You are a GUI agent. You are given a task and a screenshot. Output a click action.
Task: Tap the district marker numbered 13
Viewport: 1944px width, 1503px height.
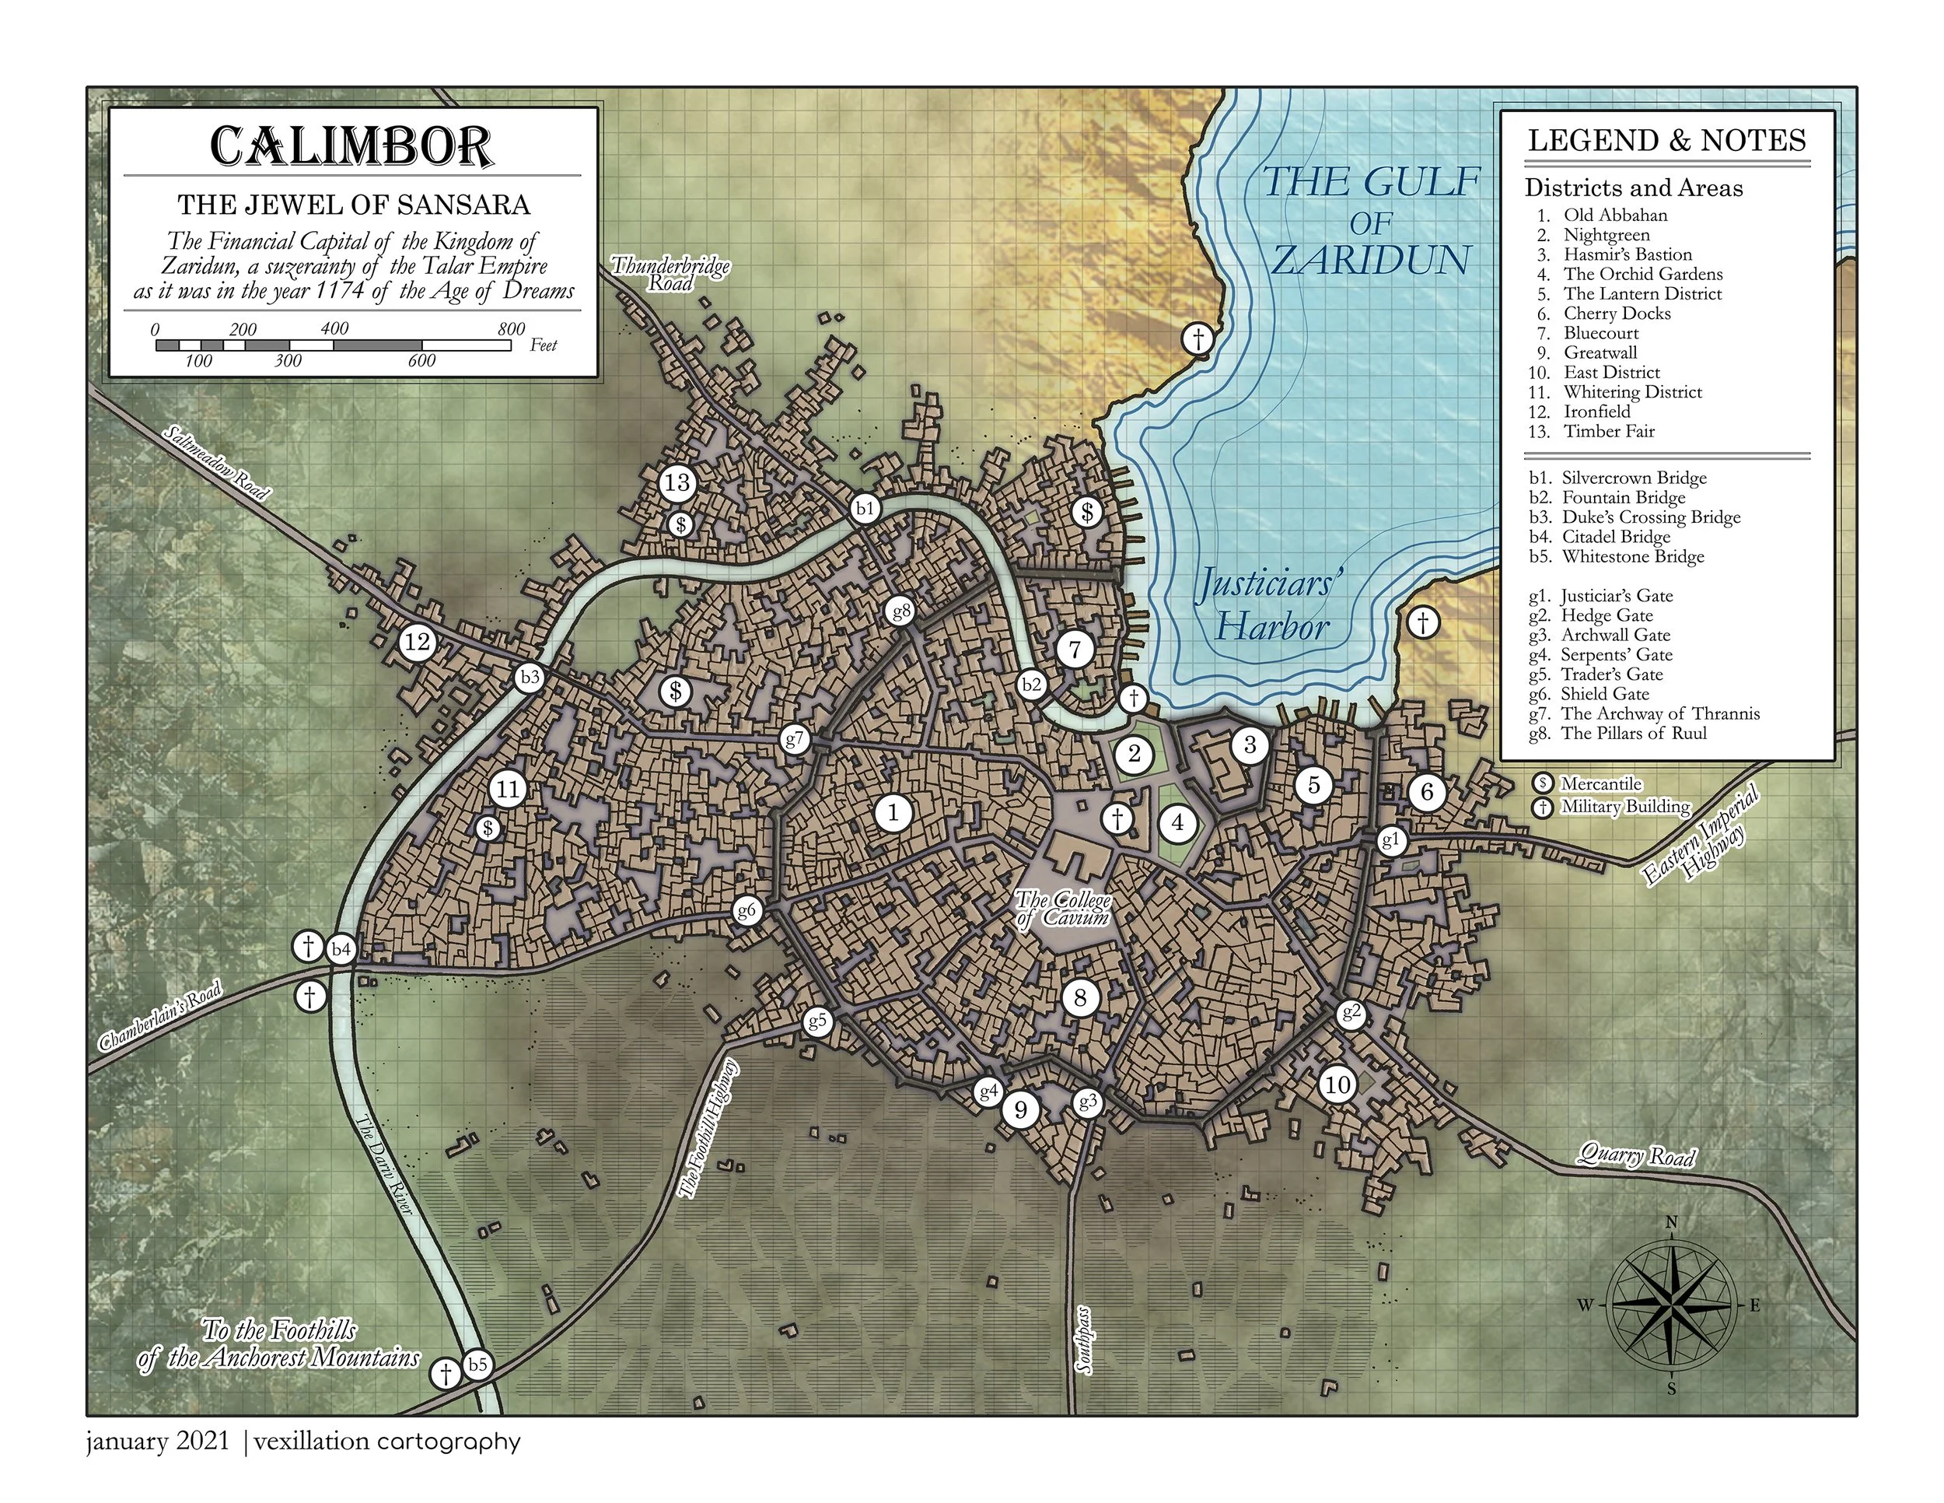pyautogui.click(x=677, y=482)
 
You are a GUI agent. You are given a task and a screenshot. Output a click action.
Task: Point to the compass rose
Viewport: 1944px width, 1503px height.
pyautogui.click(x=1671, y=1306)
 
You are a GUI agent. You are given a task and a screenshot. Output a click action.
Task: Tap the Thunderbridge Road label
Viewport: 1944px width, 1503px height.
pyautogui.click(x=670, y=273)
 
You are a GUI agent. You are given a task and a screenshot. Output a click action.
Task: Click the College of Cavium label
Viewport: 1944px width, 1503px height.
pyautogui.click(x=1064, y=908)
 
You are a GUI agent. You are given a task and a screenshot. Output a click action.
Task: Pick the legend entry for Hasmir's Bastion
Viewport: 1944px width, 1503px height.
pyautogui.click(x=1627, y=254)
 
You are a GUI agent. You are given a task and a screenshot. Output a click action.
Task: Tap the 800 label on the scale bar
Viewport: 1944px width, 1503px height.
pyautogui.click(x=511, y=328)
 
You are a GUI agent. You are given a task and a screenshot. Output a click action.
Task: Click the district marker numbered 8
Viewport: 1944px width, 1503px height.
pyautogui.click(x=1081, y=997)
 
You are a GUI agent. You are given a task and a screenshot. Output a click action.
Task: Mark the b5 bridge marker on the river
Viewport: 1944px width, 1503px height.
pyautogui.click(x=478, y=1364)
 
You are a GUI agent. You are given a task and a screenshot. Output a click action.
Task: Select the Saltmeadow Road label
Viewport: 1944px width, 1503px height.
pyautogui.click(x=216, y=463)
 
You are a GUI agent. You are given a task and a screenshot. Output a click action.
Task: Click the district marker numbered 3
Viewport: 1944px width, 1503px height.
pyautogui.click(x=1250, y=744)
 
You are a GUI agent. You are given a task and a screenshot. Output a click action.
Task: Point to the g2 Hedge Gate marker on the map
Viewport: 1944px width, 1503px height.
pyautogui.click(x=1351, y=1012)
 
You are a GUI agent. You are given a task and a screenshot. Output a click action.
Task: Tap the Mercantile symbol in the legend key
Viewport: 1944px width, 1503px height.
pyautogui.click(x=1543, y=783)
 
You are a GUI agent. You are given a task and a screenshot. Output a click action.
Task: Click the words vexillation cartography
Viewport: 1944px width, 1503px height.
pyautogui.click(x=387, y=1442)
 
